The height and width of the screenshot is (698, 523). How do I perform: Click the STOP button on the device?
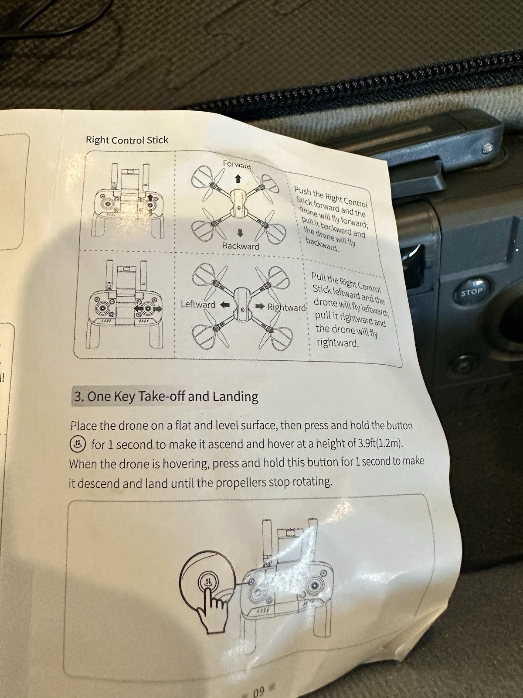click(472, 291)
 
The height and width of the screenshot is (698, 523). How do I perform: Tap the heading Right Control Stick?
click(127, 140)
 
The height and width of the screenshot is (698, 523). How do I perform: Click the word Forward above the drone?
click(237, 165)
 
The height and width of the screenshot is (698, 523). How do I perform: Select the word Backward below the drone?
click(241, 246)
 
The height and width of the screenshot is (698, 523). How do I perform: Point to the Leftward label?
click(198, 305)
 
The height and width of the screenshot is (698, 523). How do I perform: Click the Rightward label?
click(287, 308)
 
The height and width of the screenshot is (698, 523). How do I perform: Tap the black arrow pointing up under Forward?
click(237, 179)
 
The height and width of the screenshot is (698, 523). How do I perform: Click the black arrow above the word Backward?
click(240, 233)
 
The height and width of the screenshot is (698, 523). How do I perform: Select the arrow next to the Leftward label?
click(224, 305)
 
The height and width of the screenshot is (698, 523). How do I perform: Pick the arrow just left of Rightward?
click(260, 306)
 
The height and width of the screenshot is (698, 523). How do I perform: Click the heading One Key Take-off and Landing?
click(165, 397)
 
